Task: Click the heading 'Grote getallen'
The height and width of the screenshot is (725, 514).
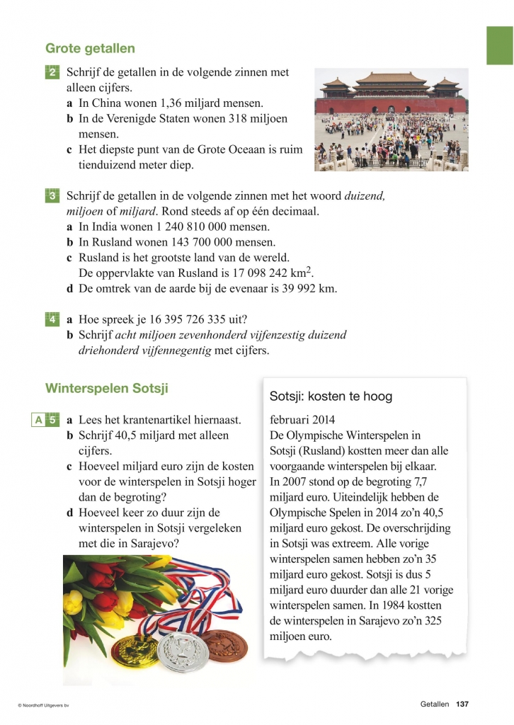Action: point(90,49)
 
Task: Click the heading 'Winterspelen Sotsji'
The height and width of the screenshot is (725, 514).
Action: point(106,389)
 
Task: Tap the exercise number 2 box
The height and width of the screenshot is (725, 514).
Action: point(53,73)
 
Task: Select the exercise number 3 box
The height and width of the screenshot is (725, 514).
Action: point(53,196)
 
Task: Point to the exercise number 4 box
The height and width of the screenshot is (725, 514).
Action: point(53,319)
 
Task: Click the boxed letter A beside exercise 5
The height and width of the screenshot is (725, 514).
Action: point(38,421)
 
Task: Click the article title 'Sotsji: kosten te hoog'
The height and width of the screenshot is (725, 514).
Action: point(331,396)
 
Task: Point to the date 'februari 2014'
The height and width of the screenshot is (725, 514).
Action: point(302,419)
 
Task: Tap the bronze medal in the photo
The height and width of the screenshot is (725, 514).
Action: point(225,645)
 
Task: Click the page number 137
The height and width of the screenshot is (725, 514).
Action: point(463,704)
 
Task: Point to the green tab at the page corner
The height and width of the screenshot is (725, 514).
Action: point(499,46)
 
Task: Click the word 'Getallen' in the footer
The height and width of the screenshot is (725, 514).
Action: point(434,704)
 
